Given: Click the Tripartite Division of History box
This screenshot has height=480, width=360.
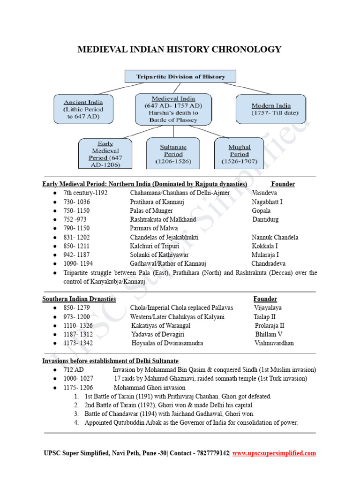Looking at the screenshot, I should pos(180,76).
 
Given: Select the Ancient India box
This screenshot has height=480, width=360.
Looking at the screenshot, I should pos(83,109).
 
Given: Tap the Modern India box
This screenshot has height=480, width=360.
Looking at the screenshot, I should pos(271,109).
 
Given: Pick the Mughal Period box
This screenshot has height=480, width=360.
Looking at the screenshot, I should pos(240,154).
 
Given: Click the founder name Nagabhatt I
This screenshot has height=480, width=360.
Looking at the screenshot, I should pos(267,202).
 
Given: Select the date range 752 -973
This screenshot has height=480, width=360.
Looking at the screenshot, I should pos(75,219).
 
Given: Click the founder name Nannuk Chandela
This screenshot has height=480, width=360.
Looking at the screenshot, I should pos(275,237).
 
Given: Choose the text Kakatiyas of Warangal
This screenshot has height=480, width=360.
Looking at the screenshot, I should pos(161,325).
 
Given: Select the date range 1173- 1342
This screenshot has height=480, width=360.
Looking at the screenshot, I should pos(78,343).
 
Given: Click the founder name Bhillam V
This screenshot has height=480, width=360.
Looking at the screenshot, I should pos(269,334).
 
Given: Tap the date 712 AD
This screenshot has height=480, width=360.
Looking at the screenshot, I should pos(73,370).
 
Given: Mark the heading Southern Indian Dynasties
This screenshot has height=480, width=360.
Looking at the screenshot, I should pos(79,299).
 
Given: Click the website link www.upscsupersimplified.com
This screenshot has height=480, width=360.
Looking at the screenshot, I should pos(274,453).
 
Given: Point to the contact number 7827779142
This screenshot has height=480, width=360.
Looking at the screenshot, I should pos(212,453).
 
